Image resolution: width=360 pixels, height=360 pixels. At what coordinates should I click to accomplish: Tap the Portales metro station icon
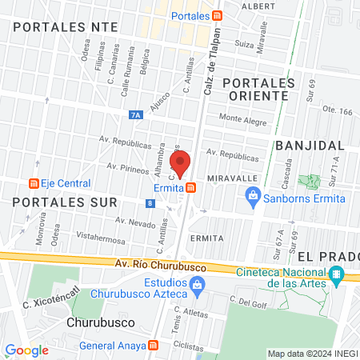pyautogui.click(x=218, y=14)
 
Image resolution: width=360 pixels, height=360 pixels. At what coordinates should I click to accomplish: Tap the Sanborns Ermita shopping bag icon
pyautogui.click(x=252, y=194)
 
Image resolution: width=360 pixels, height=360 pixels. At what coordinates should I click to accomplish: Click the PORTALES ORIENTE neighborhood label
pyautogui.click(x=254, y=89)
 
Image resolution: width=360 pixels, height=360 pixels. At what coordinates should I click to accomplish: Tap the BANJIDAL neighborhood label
pyautogui.click(x=310, y=145)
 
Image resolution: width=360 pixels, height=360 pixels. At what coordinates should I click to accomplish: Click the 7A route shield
pyautogui.click(x=135, y=115)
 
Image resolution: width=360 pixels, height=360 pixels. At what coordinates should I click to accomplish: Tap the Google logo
pyautogui.click(x=26, y=350)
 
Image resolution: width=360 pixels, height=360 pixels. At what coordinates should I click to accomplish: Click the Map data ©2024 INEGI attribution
pyautogui.click(x=311, y=354)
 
